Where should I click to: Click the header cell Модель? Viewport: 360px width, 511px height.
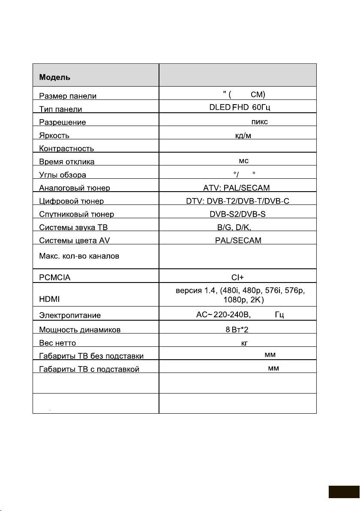coord(55,78)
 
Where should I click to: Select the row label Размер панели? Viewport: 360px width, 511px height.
coord(68,96)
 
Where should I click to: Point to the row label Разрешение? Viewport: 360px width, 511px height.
coord(63,122)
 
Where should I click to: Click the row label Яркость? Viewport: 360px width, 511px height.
coord(54,135)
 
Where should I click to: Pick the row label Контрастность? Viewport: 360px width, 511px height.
coord(66,149)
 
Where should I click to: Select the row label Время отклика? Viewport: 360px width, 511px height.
coord(67,162)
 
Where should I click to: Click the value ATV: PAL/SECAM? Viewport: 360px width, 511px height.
coord(237,187)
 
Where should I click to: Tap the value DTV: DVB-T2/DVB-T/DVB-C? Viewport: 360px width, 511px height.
coord(237,201)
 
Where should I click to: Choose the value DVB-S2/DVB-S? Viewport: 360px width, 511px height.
coord(237,214)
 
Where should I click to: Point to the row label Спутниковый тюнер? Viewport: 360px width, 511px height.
coord(77,214)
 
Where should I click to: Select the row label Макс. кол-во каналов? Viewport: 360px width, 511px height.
coord(79,256)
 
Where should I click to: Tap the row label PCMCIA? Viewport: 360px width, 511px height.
coord(55,277)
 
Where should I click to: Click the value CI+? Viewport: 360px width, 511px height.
coord(238,277)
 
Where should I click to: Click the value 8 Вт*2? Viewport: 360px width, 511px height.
coord(237,330)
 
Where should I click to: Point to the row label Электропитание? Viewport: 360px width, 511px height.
coord(70,315)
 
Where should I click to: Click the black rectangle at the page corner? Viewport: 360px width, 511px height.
coord(344,492)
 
